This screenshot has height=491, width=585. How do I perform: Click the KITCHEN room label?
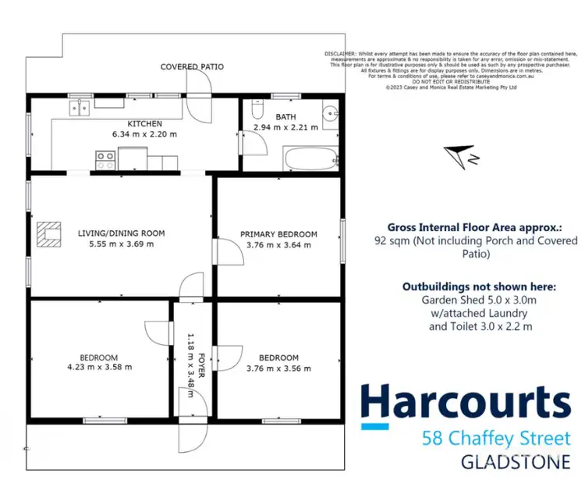point(145,123)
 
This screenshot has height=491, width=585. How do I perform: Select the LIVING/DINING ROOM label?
point(121,233)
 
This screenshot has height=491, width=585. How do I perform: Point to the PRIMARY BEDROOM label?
point(278,234)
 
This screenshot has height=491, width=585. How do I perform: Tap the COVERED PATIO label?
point(192,67)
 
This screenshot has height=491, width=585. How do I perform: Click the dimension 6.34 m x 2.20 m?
point(145,134)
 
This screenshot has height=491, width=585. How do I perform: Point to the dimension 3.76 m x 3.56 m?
point(278,368)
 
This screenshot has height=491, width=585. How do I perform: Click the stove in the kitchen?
point(105,161)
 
